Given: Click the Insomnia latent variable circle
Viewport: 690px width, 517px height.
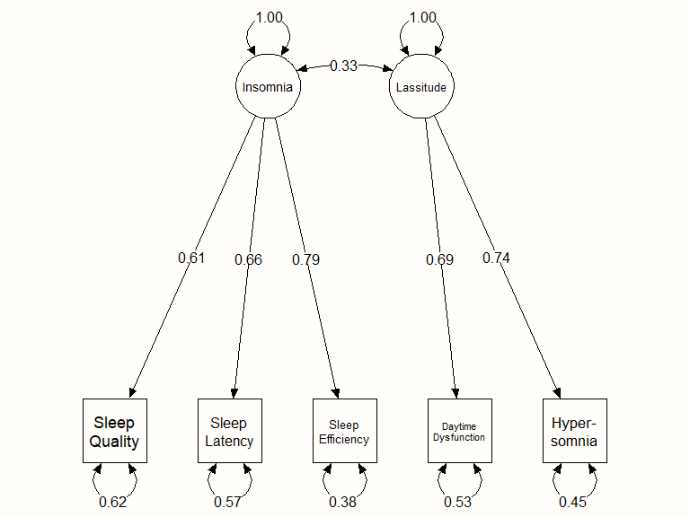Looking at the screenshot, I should (268, 87).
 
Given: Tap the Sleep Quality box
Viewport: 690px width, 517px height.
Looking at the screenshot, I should (114, 431).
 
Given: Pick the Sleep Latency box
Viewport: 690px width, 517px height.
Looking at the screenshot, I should (229, 431).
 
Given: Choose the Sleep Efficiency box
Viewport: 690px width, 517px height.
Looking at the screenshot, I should (344, 431).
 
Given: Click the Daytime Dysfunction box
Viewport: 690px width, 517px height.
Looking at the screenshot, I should (459, 431).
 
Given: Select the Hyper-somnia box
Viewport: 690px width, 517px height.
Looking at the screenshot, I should (574, 431).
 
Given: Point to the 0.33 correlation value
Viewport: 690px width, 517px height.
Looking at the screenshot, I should (343, 66).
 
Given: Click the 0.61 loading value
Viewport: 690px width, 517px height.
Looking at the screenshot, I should (191, 258).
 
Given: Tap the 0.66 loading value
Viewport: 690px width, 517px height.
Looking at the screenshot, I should (248, 260).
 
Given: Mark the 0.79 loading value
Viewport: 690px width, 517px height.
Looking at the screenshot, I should (305, 260).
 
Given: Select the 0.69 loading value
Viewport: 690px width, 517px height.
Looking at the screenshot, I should (440, 260).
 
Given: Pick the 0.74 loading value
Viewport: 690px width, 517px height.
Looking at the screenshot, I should (496, 258).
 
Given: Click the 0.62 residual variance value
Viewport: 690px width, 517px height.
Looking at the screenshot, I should (113, 502).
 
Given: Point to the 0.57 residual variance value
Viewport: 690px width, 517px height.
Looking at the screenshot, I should (228, 502).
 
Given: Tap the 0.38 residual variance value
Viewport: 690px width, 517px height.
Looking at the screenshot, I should (343, 502).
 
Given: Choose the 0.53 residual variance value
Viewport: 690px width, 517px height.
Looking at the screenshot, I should (458, 502).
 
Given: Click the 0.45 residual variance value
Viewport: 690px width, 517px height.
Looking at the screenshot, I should (573, 502).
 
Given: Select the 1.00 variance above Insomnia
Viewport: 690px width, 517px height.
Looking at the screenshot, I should (268, 17).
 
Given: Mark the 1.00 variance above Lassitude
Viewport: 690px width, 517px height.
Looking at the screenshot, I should (421, 17).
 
